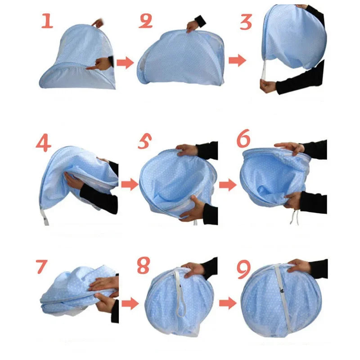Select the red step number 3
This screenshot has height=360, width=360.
[246, 21]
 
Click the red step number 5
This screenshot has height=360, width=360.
[144, 142]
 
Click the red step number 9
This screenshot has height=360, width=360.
[243, 269]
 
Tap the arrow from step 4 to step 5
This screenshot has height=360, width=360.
[130, 184]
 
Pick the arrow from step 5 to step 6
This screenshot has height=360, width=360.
[228, 184]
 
